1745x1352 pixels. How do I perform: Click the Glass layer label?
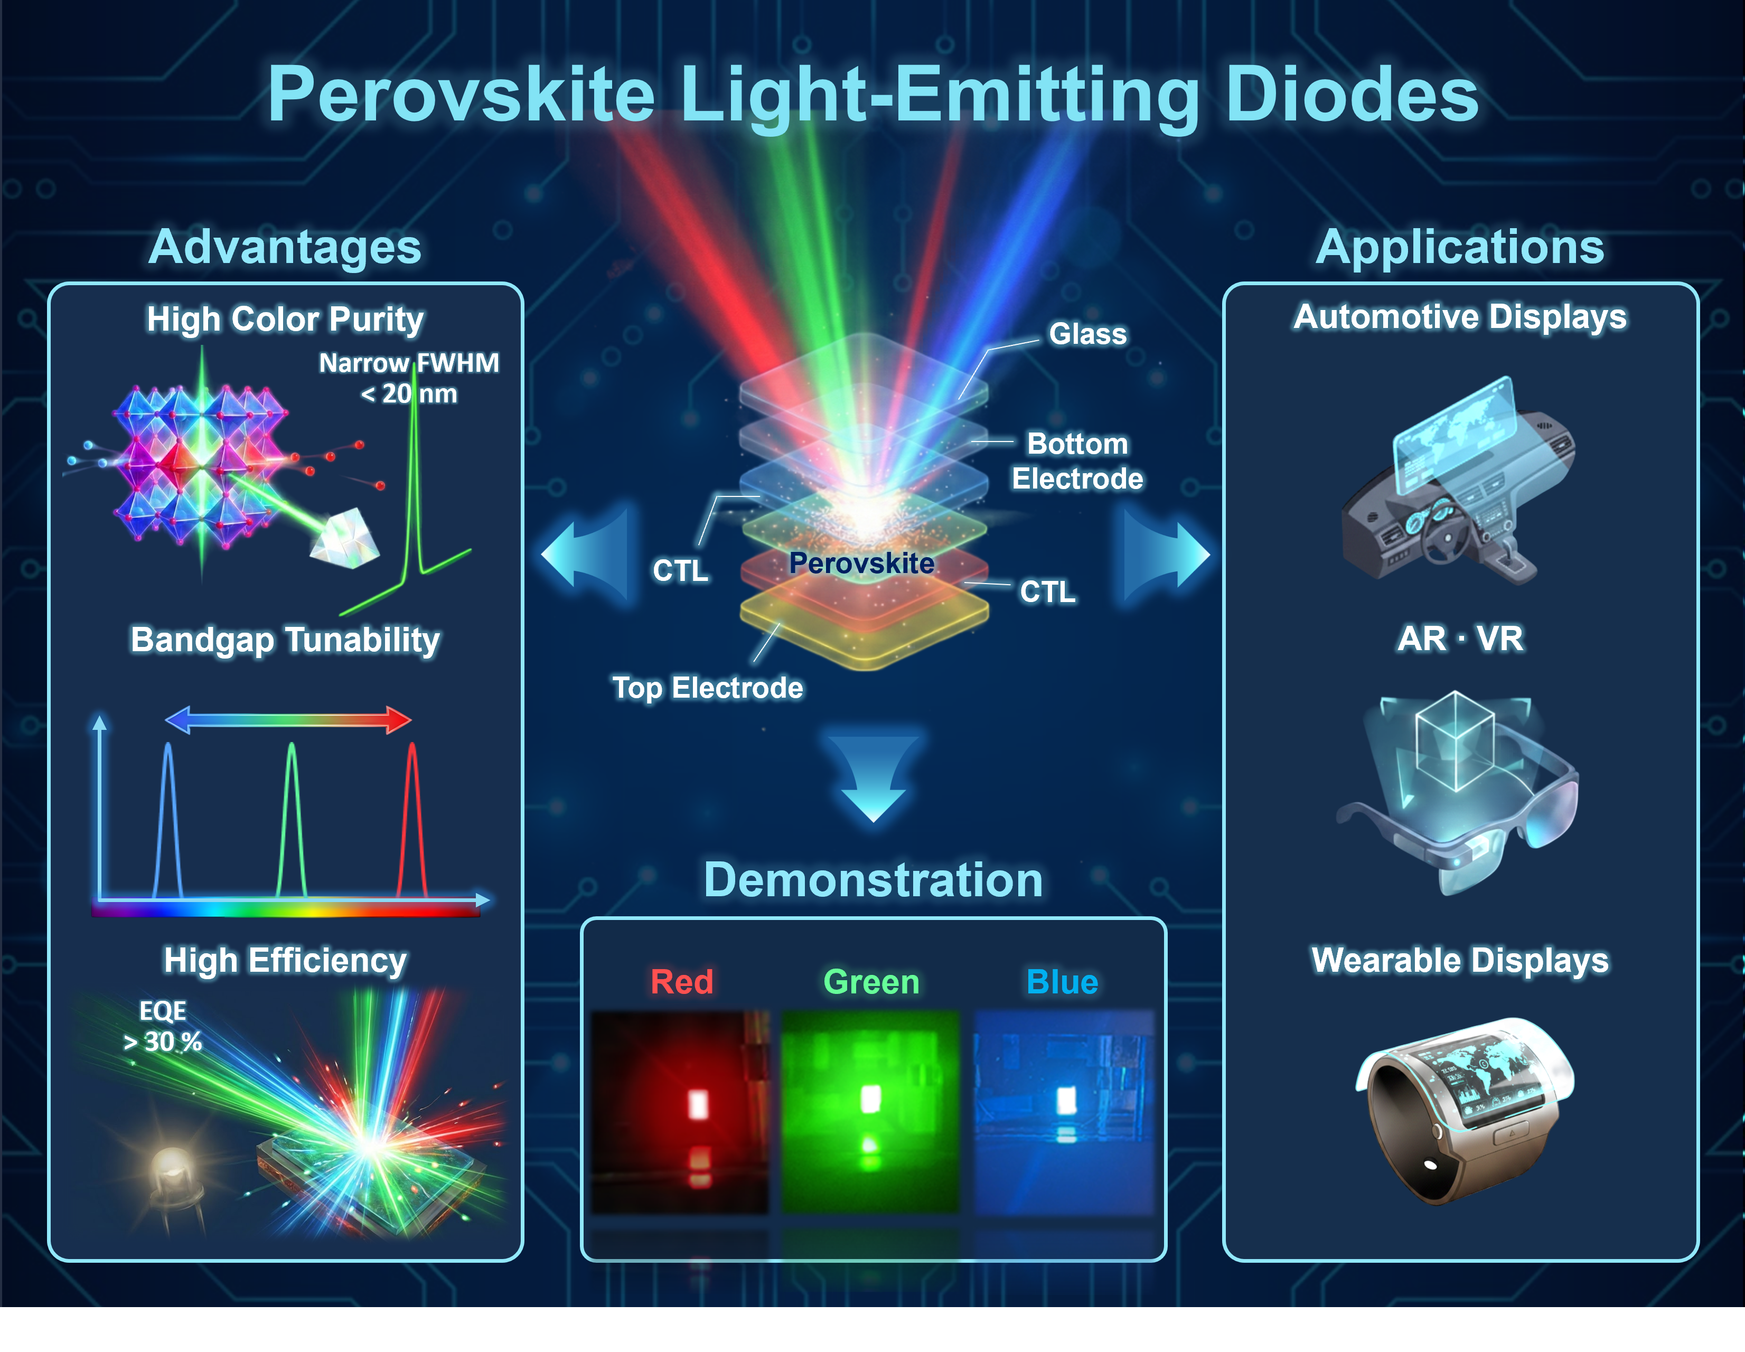(1087, 334)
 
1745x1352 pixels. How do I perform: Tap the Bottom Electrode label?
(1077, 461)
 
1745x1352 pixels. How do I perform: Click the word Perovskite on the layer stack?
(861, 564)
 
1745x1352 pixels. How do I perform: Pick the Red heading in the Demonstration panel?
(681, 982)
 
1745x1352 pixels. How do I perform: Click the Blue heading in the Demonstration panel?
(1062, 982)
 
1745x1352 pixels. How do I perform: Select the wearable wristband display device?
(1463, 1111)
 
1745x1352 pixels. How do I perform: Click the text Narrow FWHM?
(409, 363)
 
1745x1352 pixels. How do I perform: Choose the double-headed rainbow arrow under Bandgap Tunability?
(288, 720)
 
